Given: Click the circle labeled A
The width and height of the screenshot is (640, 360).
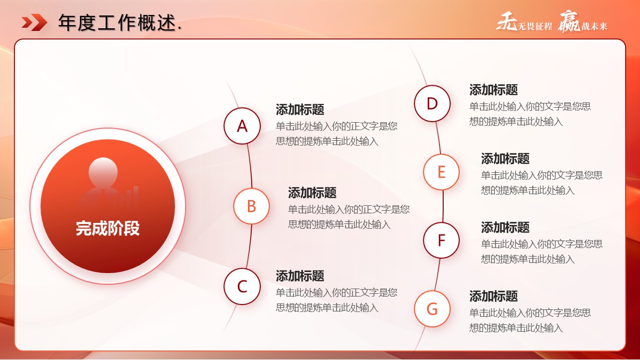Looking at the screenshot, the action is (x=242, y=126).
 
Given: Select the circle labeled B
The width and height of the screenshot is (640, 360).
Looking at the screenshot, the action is (x=251, y=206).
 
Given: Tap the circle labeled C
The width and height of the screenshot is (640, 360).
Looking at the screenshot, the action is (x=242, y=286).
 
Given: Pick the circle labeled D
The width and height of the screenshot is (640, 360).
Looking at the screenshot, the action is (x=433, y=103).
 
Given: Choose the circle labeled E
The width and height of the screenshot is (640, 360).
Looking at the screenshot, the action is (x=442, y=172).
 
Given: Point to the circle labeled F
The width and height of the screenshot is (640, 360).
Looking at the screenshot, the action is (x=442, y=241).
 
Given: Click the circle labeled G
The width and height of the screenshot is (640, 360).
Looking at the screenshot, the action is (x=433, y=309).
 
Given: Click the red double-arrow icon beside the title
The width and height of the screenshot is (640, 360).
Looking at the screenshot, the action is (x=34, y=22).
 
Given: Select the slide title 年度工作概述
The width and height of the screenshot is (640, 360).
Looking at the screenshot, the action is (x=117, y=22).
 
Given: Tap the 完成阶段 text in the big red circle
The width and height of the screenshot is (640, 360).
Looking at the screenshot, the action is (x=108, y=228).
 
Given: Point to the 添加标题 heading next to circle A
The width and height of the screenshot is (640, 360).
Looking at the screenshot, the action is (x=300, y=109).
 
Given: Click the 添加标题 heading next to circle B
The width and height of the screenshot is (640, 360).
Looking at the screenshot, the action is (x=313, y=193).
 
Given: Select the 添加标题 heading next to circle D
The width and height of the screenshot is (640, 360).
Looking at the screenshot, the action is (x=493, y=90).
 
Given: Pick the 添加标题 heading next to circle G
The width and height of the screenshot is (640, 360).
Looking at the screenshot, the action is (x=493, y=296).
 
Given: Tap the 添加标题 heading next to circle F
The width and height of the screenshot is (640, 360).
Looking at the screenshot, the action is (x=505, y=227).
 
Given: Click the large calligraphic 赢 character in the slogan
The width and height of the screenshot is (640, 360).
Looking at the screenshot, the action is (x=569, y=22).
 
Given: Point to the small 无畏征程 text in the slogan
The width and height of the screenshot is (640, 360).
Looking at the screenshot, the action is (x=535, y=27).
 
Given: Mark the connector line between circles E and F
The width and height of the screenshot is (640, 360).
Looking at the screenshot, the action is (x=443, y=206).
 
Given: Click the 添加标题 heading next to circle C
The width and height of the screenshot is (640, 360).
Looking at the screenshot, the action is (x=300, y=276).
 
